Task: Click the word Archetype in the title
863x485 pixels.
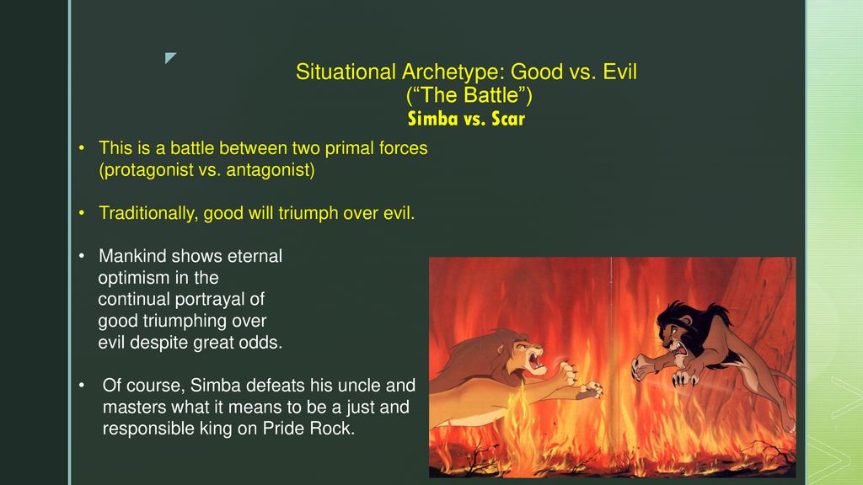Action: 453,72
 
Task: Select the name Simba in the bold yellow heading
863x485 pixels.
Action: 432,119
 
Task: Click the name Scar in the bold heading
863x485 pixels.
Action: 508,119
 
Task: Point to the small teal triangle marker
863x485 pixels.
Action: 169,57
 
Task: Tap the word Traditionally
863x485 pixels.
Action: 148,213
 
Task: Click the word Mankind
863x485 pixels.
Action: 132,256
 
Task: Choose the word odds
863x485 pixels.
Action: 264,343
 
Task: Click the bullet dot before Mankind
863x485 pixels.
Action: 82,256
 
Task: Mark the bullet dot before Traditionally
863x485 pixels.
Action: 82,213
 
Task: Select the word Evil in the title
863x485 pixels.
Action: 619,72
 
